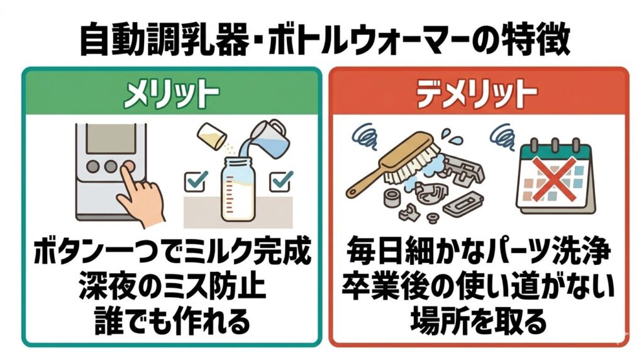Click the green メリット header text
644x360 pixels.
point(171,94)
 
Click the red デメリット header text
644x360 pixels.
point(477,94)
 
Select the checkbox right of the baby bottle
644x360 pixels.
point(281,181)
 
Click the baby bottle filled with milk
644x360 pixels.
point(238,189)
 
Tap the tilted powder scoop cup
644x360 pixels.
point(212,136)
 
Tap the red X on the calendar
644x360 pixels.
point(555,179)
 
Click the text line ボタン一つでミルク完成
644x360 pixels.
point(172,251)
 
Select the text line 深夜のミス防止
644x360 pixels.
point(172,285)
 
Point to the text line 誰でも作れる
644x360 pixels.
point(172,320)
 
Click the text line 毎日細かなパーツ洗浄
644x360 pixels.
point(478,251)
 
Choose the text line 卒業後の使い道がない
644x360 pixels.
point(478,285)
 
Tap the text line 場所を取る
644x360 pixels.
point(478,320)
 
